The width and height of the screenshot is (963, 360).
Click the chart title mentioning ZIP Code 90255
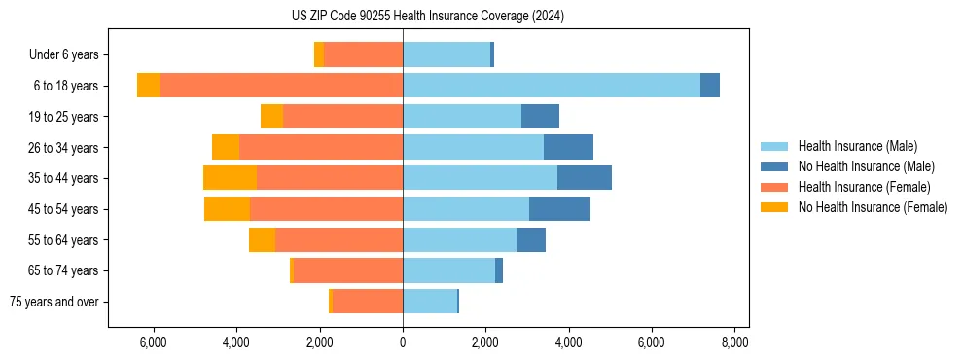click(x=427, y=16)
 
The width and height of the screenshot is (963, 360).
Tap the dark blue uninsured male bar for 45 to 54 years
click(x=559, y=209)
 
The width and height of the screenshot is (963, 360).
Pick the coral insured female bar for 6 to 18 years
click(x=281, y=86)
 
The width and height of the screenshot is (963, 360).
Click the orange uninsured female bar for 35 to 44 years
click(x=230, y=178)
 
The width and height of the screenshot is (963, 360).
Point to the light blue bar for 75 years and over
click(x=429, y=302)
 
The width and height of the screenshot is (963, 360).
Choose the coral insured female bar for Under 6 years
click(x=363, y=55)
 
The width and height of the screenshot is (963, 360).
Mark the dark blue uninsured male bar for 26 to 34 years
click(x=568, y=148)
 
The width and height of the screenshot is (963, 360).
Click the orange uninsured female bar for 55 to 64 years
click(x=262, y=240)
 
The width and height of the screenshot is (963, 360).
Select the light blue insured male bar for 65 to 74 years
click(x=448, y=270)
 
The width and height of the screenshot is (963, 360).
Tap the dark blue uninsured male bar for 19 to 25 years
click(x=540, y=117)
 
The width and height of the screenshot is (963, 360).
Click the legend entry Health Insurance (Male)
click(x=857, y=146)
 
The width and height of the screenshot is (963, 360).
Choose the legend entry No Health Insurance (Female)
click(x=873, y=207)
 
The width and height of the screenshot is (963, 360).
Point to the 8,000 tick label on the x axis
click(x=734, y=342)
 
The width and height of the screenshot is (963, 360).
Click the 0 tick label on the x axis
click(x=403, y=342)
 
